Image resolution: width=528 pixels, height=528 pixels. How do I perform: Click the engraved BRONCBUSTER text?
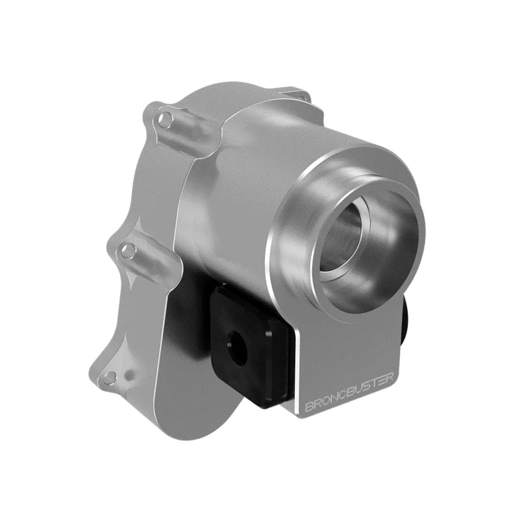(349, 392)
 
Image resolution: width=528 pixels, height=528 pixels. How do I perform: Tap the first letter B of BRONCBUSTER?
(309, 406)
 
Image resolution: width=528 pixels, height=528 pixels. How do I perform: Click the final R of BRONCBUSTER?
(391, 378)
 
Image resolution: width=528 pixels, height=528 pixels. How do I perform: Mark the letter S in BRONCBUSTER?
(368, 385)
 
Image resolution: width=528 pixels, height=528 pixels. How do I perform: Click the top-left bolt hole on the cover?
(166, 119)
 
